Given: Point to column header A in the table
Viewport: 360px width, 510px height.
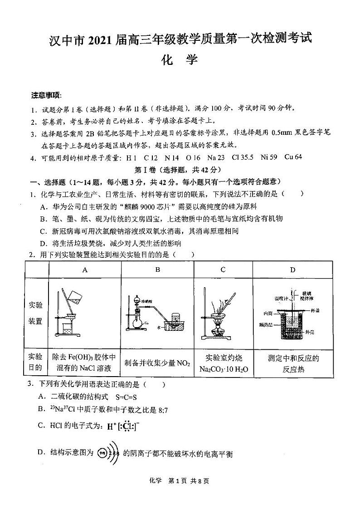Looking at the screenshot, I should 85,270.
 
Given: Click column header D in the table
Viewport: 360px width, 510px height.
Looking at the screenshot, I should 292,270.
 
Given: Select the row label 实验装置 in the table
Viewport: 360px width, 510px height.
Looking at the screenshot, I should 36,313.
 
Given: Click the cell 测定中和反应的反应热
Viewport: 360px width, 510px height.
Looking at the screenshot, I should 293,363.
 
